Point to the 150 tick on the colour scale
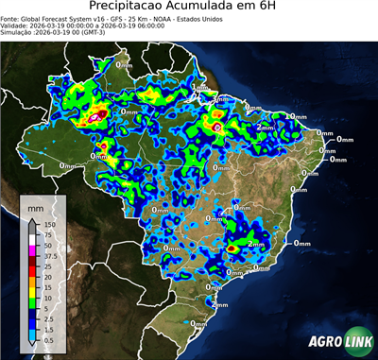(47, 225)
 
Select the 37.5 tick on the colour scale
(48, 254)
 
